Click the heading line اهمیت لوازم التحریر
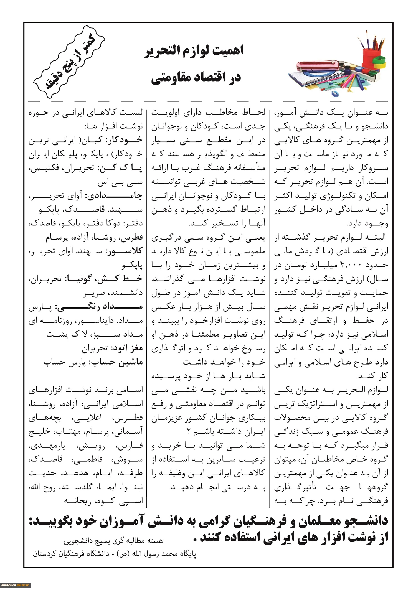tap(194, 52)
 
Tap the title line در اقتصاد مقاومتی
tap(196, 78)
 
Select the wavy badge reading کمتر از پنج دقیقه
tap(69, 62)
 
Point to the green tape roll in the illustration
tap(380, 62)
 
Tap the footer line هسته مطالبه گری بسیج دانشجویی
tap(113, 541)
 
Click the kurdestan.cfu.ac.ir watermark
tap(15, 585)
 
